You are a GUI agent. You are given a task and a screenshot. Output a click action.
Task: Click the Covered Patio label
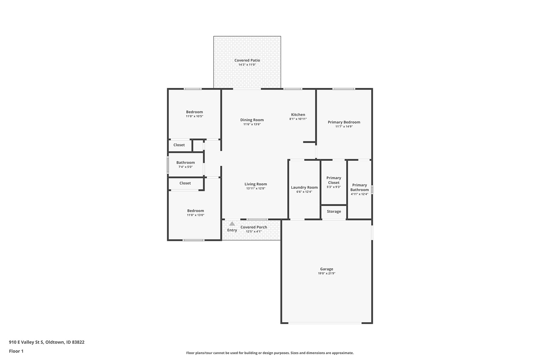pyautogui.click(x=247, y=60)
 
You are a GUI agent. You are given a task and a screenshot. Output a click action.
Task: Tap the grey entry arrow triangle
pyautogui.click(x=232, y=223)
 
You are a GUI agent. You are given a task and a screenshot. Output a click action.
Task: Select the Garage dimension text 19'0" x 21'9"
pyautogui.click(x=327, y=274)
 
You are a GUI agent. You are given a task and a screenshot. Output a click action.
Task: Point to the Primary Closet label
pyautogui.click(x=334, y=180)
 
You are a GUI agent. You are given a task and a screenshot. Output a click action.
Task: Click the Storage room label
pyautogui.click(x=334, y=211)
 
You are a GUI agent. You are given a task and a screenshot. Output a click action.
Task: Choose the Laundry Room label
pyautogui.click(x=304, y=187)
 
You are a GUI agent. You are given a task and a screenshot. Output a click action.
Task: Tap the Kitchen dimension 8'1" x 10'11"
pyautogui.click(x=298, y=119)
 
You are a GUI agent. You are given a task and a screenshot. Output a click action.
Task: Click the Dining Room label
pyautogui.click(x=252, y=120)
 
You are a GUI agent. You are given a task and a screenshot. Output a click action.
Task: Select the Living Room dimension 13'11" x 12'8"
pyautogui.click(x=256, y=189)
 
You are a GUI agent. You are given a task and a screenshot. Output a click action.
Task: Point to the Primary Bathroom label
pyautogui.click(x=359, y=187)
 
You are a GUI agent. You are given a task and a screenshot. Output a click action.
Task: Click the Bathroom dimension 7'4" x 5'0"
pyautogui.click(x=185, y=167)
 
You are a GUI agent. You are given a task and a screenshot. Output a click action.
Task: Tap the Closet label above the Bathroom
pyautogui.click(x=179, y=145)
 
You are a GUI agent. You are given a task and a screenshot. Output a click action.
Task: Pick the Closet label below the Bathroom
pyautogui.click(x=185, y=183)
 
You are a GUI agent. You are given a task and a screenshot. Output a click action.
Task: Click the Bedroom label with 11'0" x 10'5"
pyautogui.click(x=194, y=112)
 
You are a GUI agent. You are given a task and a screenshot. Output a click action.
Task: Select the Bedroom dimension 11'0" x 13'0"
pyautogui.click(x=196, y=215)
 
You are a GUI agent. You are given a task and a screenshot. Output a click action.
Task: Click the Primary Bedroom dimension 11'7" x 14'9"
pyautogui.click(x=344, y=127)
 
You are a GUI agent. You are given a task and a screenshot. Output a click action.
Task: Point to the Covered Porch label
pyautogui.click(x=254, y=227)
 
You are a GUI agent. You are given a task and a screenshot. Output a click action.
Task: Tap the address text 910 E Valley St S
pyautogui.click(x=26, y=342)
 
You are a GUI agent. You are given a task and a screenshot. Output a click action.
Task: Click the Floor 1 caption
pyautogui.click(x=16, y=351)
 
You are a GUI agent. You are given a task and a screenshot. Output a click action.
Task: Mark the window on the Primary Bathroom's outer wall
pyautogui.click(x=372, y=190)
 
